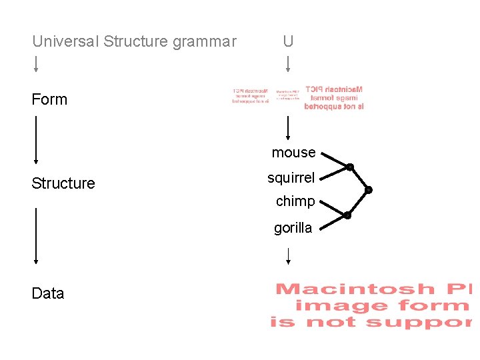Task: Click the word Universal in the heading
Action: pos(65,41)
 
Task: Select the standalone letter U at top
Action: pos(287,41)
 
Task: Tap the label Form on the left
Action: pos(49,99)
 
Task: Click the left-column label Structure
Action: pos(63,183)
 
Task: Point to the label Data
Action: pos(48,293)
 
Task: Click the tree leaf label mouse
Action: pos(293,153)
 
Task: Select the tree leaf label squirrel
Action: pos(291,177)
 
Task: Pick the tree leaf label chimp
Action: pos(295,201)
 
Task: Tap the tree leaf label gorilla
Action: pos(293,228)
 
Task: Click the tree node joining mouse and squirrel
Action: pos(349,167)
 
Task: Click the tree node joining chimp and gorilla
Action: pos(347,215)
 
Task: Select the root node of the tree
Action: pos(369,190)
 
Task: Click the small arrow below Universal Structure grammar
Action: pos(36,63)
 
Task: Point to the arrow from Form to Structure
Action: pos(36,140)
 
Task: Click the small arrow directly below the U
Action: pos(287,63)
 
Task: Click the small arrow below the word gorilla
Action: pos(287,255)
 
